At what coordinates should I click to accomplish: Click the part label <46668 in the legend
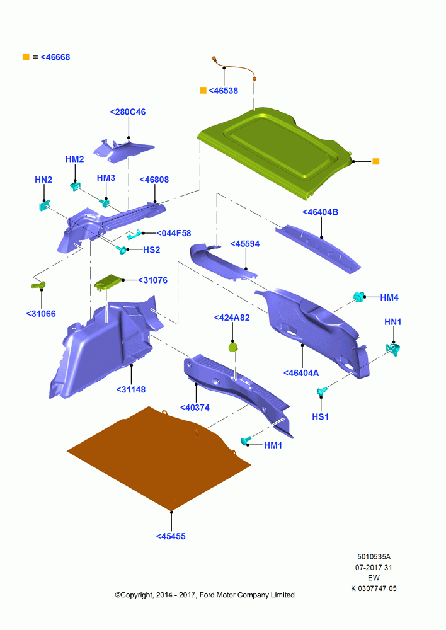(x=55, y=57)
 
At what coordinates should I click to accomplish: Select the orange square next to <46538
(x=203, y=90)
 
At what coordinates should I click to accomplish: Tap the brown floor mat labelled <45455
(x=159, y=458)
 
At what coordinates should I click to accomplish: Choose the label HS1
(x=320, y=416)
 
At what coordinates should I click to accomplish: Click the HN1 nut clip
(x=392, y=349)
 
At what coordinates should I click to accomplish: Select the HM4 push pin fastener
(x=358, y=297)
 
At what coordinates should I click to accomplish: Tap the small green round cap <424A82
(x=233, y=347)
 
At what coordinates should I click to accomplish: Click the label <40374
(x=195, y=408)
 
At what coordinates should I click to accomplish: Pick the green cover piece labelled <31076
(x=108, y=282)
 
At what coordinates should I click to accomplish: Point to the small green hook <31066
(x=38, y=285)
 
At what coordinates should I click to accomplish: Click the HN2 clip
(x=44, y=206)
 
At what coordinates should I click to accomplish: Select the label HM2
(x=75, y=159)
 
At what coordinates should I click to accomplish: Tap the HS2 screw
(x=122, y=249)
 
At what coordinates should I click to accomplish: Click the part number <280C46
(x=128, y=112)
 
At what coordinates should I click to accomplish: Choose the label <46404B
(x=320, y=212)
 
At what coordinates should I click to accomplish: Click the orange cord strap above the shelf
(x=234, y=67)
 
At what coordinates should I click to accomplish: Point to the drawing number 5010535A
(x=374, y=557)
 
